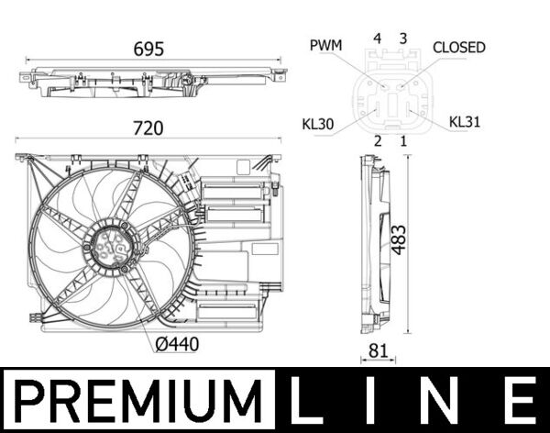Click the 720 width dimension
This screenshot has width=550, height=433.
tap(148, 128)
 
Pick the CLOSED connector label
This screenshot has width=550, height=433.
tap(458, 47)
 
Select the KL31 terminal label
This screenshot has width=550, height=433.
tap(465, 120)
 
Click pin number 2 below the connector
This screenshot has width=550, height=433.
tap(377, 141)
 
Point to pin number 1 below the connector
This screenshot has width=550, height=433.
tap(402, 141)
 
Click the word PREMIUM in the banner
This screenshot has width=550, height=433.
tap(137, 400)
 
